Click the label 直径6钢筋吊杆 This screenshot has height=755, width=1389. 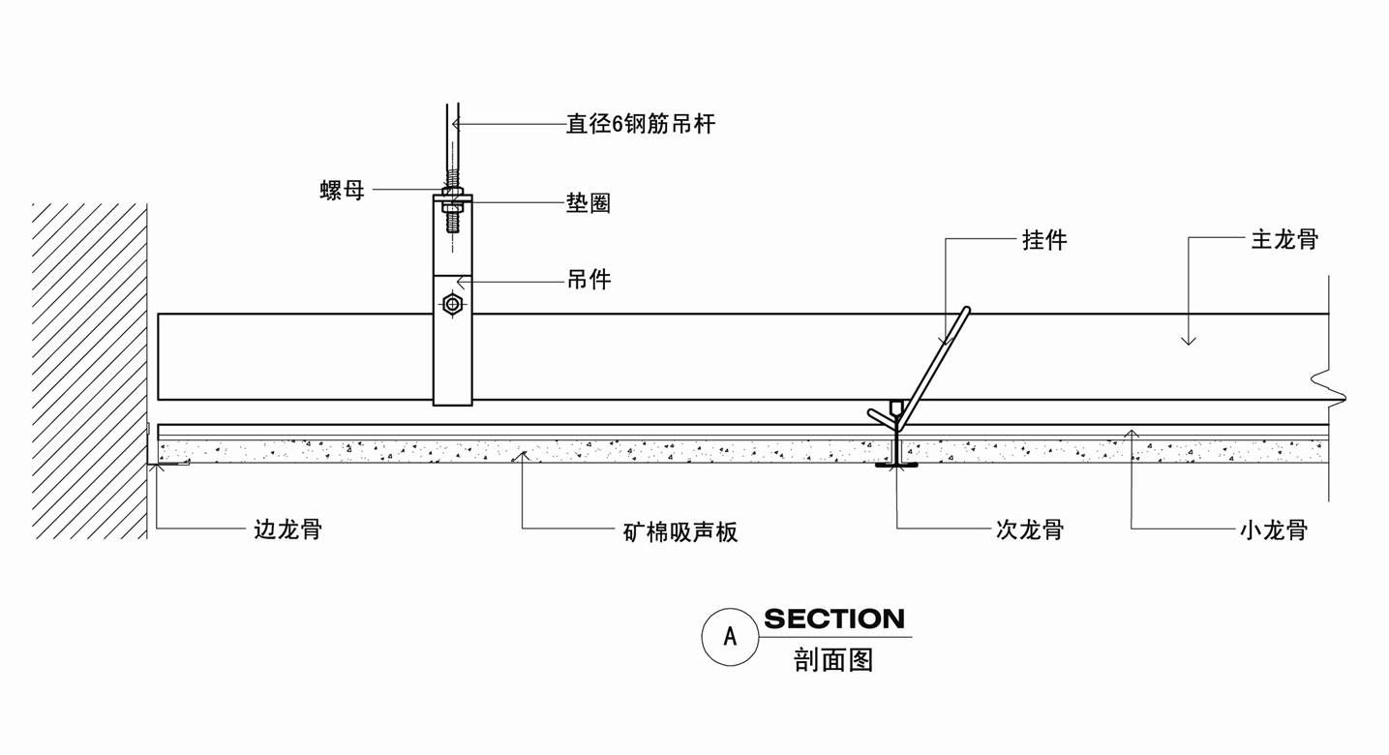641,124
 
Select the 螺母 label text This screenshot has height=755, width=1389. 343,190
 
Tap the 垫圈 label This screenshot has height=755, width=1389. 589,203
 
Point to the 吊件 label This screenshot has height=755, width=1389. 589,281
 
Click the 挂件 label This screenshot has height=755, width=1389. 1044,240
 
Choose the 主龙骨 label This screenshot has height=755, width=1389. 1284,240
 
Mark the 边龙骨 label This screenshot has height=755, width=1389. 287,529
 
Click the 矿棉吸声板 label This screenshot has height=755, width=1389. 680,531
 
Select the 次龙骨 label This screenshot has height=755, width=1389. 1030,529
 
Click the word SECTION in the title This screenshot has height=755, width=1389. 834,619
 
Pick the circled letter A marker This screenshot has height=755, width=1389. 730,636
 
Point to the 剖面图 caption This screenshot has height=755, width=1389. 833,660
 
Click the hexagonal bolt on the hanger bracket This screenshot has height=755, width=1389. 452,305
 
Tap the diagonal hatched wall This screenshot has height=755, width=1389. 89,368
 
